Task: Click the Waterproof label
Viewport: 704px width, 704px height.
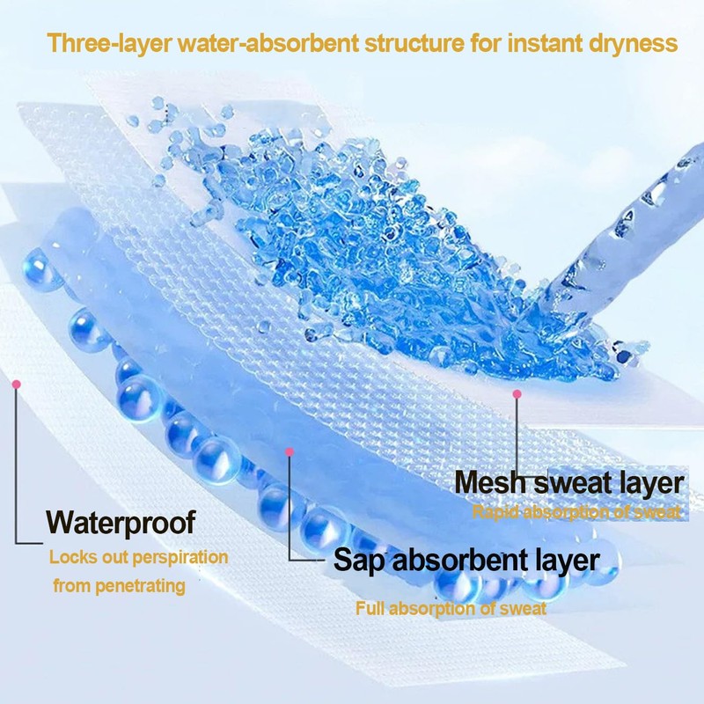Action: [x=121, y=522]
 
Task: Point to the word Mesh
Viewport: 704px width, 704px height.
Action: [x=490, y=483]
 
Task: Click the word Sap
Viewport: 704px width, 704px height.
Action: [x=356, y=561]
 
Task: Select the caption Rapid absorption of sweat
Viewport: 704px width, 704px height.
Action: [x=576, y=512]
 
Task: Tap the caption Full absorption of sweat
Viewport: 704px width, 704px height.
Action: [x=451, y=608]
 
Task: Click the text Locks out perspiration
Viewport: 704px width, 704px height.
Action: [x=138, y=557]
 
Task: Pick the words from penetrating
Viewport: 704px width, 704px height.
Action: [x=119, y=585]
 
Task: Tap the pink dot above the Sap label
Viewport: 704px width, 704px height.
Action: [x=290, y=451]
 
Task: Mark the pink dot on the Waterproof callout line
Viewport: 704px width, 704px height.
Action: [x=16, y=384]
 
